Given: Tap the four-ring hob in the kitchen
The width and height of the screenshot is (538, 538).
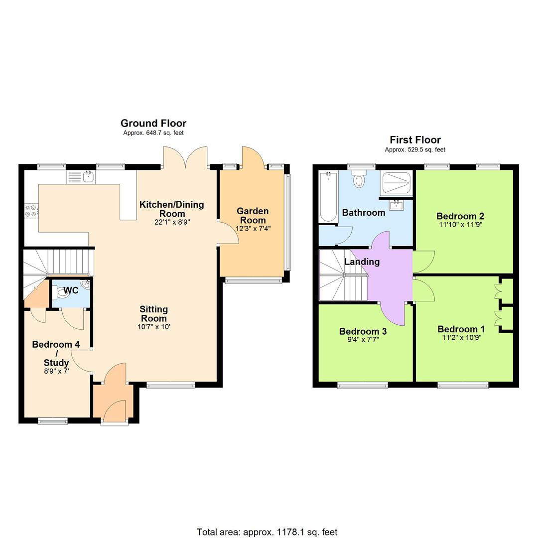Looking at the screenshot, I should (x=30, y=211).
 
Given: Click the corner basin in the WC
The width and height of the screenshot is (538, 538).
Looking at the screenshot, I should (x=86, y=285).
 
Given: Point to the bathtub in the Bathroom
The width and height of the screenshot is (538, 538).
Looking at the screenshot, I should (x=328, y=196).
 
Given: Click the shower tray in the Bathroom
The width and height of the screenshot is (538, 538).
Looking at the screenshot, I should (x=396, y=184).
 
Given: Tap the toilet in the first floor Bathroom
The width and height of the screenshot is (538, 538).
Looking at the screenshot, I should (x=359, y=179).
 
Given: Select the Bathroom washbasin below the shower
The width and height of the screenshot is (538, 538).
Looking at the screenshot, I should (x=397, y=204).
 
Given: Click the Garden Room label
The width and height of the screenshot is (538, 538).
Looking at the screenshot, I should (x=253, y=216).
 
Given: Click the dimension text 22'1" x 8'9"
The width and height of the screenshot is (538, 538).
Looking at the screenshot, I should (x=172, y=222).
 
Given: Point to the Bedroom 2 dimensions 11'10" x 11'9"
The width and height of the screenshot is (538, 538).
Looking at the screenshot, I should (x=459, y=225).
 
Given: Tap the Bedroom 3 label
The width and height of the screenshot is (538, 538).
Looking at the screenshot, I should (x=363, y=331).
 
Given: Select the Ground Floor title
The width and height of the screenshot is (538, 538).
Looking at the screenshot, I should (x=153, y=124).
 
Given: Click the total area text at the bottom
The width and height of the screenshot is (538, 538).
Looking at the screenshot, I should (x=267, y=532).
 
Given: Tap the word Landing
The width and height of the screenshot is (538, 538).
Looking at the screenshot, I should (x=362, y=262).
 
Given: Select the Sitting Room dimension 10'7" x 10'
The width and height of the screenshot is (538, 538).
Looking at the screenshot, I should (x=154, y=327).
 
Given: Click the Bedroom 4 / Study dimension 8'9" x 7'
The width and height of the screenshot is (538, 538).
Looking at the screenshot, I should (x=50, y=371).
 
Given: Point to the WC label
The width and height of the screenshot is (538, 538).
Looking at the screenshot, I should (x=71, y=290).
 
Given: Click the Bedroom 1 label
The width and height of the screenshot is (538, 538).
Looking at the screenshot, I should (x=461, y=329).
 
